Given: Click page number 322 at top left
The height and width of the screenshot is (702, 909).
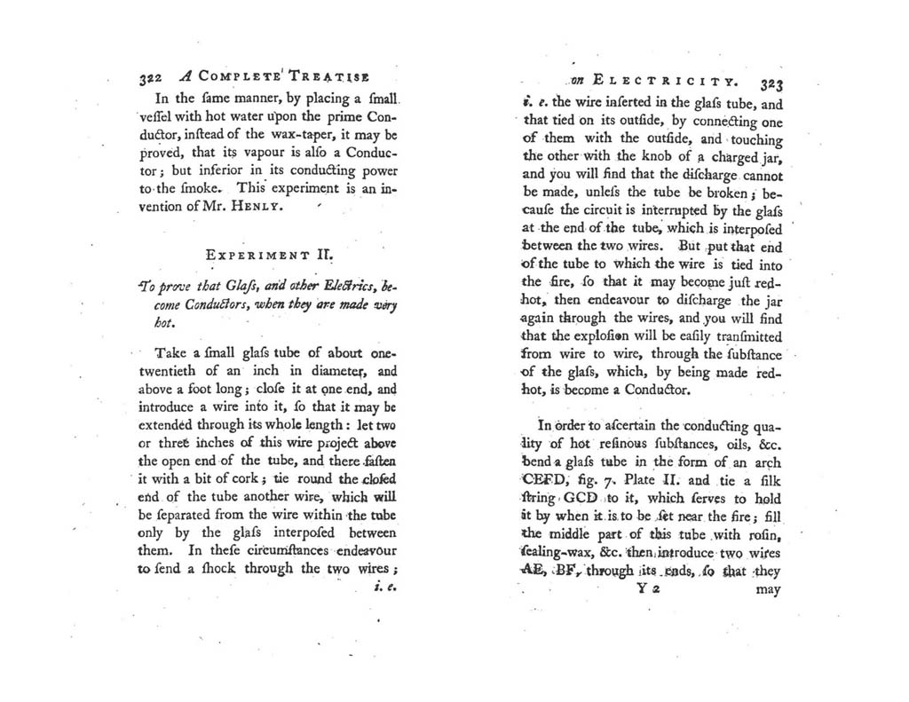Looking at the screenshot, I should [151, 77].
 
